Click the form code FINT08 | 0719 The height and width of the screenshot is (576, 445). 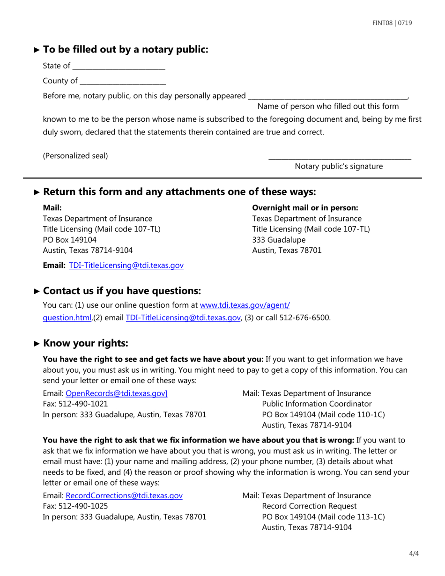click(x=392, y=23)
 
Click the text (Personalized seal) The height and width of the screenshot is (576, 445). click(x=75, y=156)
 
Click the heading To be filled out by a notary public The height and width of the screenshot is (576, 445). click(x=126, y=49)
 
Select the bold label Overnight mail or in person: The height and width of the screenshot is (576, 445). click(x=305, y=207)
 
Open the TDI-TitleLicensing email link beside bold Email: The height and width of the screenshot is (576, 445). click(x=126, y=266)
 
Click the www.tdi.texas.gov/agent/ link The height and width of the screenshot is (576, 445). click(x=245, y=306)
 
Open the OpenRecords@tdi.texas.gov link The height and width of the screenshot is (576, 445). click(x=116, y=393)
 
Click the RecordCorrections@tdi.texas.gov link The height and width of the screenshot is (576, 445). click(x=124, y=495)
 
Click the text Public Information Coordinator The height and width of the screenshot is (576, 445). click(x=317, y=404)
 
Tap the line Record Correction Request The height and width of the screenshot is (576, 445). click(x=309, y=506)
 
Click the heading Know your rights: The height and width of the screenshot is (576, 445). click(x=85, y=343)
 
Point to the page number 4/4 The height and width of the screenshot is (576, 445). click(x=414, y=554)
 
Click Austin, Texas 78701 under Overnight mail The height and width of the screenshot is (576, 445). click(x=287, y=251)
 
